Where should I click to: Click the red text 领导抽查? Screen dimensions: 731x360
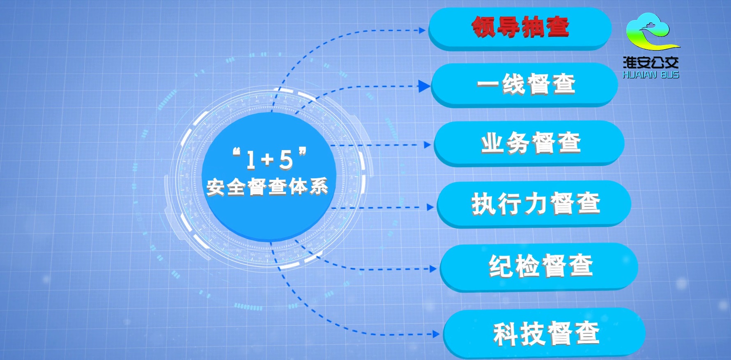pyautogui.click(x=520, y=27)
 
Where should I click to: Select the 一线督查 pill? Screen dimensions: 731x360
pyautogui.click(x=524, y=85)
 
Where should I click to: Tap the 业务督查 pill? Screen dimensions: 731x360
pyautogui.click(x=529, y=143)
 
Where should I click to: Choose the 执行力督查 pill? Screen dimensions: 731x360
pyautogui.click(x=534, y=204)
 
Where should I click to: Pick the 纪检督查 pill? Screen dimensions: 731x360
pyautogui.click(x=539, y=267)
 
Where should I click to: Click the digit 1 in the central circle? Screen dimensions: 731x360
pyautogui.click(x=251, y=160)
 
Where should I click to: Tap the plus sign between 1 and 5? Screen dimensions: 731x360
pyautogui.click(x=267, y=159)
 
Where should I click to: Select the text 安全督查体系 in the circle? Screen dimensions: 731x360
pyautogui.click(x=267, y=187)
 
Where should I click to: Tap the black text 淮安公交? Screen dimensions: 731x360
pyautogui.click(x=651, y=62)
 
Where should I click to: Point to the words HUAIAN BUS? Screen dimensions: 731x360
pyautogui.click(x=651, y=75)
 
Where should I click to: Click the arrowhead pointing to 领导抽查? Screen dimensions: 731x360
pyautogui.click(x=422, y=30)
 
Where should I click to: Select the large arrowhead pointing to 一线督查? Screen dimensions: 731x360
pyautogui.click(x=424, y=86)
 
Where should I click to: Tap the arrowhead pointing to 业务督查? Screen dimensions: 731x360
pyautogui.click(x=427, y=145)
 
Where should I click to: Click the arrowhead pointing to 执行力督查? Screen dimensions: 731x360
pyautogui.click(x=430, y=207)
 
